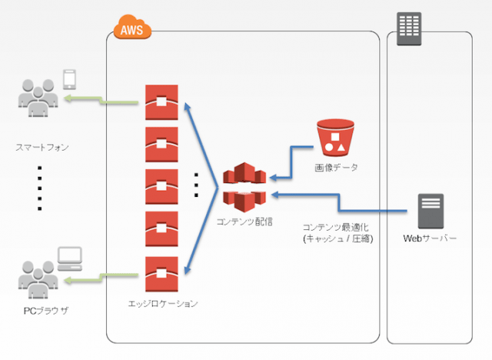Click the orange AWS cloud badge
tap(132, 29)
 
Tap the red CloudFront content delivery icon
tap(244, 188)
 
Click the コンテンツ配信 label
tap(245, 222)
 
